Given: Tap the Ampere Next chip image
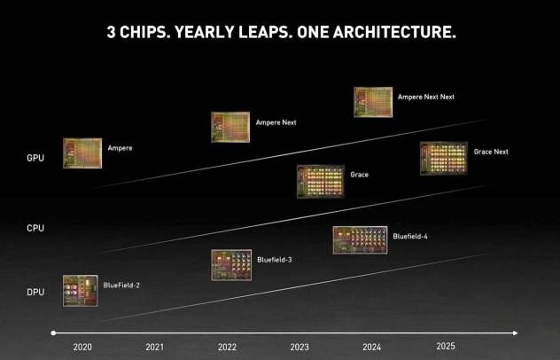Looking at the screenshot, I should click(229, 127).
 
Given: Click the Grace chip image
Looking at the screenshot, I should click(320, 180).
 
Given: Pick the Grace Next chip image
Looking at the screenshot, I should click(443, 158).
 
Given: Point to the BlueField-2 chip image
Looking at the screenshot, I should click(80, 290).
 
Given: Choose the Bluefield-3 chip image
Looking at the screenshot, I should click(229, 264).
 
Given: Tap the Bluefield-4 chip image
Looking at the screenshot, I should click(359, 239).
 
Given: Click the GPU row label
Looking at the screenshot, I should click(35, 158).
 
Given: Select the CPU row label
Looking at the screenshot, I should click(35, 228).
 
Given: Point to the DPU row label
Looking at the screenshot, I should click(35, 292).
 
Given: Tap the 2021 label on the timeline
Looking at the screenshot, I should click(154, 347).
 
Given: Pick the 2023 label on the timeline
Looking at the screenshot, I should click(299, 347).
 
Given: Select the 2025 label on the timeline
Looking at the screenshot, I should click(445, 346).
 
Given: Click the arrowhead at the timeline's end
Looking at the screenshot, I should click(516, 333).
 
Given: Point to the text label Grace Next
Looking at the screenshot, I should click(491, 152).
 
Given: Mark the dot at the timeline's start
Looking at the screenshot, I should click(54, 333).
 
